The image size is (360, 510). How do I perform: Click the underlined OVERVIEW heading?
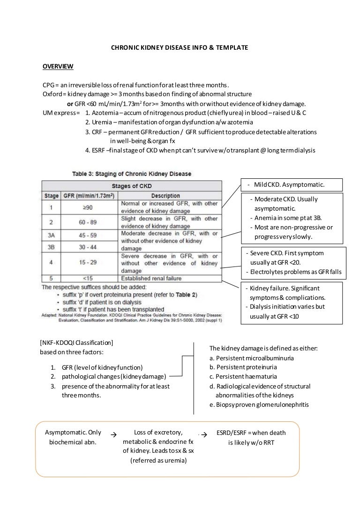pyautogui.click(x=58, y=66)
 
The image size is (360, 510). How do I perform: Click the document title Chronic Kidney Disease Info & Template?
pyautogui.click(x=179, y=47)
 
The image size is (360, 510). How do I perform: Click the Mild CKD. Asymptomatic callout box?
pyautogui.click(x=291, y=183)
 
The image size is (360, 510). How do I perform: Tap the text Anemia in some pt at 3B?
pyautogui.click(x=289, y=218)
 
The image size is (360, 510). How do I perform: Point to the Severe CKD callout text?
pyautogui.click(x=286, y=253)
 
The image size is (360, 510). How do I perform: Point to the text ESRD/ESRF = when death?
pyautogui.click(x=251, y=433)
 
